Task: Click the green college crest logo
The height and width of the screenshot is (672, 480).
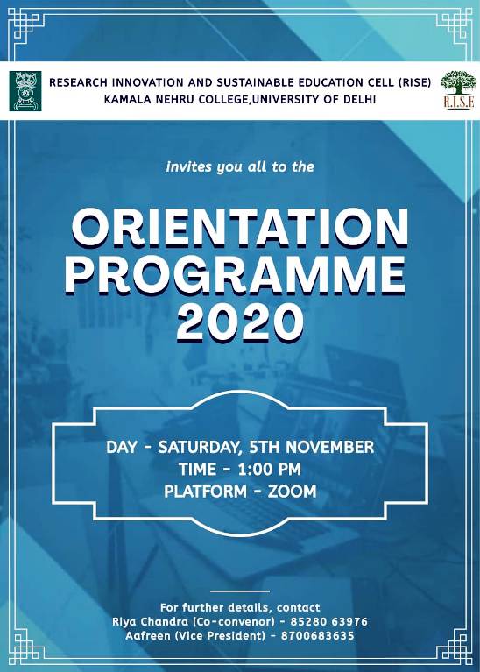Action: click(x=25, y=91)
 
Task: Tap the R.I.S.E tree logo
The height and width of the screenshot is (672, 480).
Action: click(x=459, y=90)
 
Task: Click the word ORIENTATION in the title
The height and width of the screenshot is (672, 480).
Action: click(x=240, y=228)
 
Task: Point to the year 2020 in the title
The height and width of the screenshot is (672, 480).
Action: click(x=238, y=322)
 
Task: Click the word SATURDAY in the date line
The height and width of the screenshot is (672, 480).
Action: click(x=198, y=448)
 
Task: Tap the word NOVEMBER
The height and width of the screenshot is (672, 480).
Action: click(x=329, y=447)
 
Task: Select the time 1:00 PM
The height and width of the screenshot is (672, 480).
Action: click(x=269, y=470)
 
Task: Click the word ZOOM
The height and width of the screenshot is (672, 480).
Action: click(x=293, y=492)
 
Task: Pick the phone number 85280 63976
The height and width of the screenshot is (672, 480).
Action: click(x=328, y=621)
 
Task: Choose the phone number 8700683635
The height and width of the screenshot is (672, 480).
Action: click(x=318, y=635)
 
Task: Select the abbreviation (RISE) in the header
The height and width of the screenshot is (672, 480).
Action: click(x=414, y=82)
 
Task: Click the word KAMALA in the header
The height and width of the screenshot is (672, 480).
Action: click(x=120, y=99)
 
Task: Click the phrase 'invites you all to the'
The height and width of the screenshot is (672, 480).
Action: click(x=240, y=166)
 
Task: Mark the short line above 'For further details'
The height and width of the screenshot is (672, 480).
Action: click(x=240, y=591)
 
